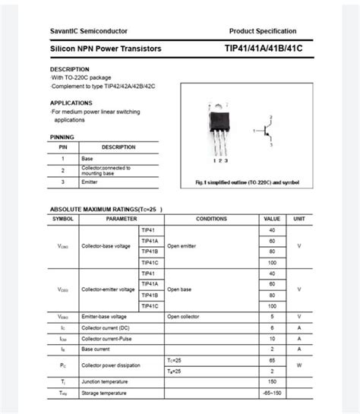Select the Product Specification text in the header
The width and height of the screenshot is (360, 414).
point(263,30)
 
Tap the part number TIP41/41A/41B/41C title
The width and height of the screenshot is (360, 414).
point(268,49)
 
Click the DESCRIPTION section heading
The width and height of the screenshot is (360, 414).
point(70,69)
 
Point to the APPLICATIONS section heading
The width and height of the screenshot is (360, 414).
point(71,103)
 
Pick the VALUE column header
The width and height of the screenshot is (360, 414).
point(272,219)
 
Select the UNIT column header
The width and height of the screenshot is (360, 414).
point(299,219)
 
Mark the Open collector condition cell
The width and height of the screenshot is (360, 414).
point(185,316)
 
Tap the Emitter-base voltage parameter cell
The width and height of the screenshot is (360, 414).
point(104,316)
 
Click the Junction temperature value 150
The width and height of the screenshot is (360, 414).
point(272,381)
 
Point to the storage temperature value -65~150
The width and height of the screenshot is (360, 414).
point(272,393)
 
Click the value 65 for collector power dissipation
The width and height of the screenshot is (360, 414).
point(272,359)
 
